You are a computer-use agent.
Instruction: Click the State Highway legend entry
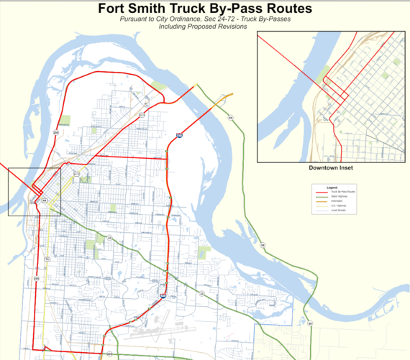(338, 196)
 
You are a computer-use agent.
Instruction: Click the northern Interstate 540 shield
(178, 134)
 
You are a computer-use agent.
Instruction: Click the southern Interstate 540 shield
(163, 296)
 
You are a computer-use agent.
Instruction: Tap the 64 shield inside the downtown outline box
(45, 201)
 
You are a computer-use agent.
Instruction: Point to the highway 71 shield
(46, 258)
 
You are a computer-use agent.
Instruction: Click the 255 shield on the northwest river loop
(56, 132)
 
